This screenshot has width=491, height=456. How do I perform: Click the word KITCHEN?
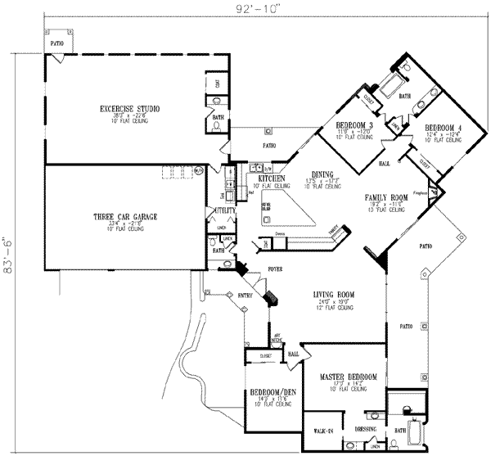coord(271,178)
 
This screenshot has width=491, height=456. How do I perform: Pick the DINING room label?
coord(322,174)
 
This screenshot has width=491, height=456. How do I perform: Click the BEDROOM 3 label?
coord(354,124)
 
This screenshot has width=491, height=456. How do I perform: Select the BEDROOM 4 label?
coord(443,127)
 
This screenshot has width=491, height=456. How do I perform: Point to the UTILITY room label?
coord(225,211)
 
